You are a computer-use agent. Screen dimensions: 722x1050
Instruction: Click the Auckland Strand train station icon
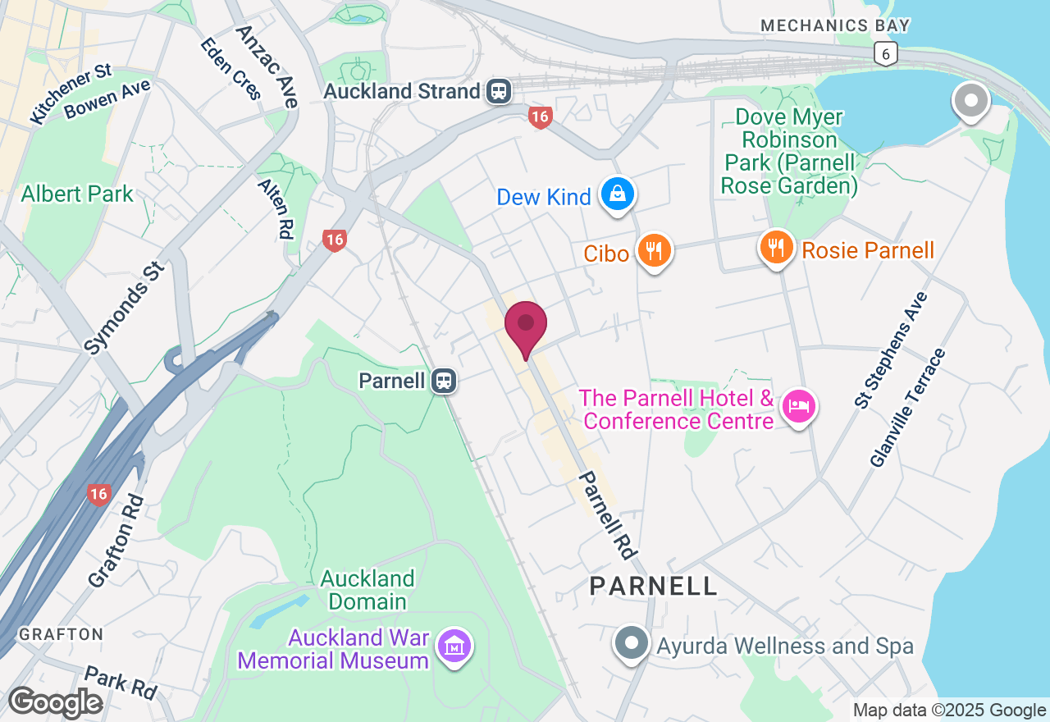pos(498,91)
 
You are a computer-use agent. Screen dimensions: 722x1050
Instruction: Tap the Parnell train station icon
pos(445,381)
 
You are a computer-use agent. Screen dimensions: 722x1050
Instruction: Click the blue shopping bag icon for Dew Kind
pos(615,195)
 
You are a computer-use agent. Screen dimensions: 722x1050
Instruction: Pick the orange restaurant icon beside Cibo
pos(653,250)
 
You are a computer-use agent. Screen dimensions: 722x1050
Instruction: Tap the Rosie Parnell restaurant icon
pos(776,247)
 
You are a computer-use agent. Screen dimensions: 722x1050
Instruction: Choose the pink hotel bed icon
pos(798,405)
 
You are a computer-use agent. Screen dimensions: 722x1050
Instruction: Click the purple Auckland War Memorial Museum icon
pos(454,647)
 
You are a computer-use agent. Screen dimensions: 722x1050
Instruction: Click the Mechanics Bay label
pos(835,25)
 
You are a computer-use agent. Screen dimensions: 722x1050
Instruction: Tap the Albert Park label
pos(77,194)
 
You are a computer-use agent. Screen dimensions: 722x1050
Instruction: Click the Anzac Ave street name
pos(266,66)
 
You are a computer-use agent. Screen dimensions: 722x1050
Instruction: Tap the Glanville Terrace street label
pos(908,408)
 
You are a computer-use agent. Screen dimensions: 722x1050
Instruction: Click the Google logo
pos(55,702)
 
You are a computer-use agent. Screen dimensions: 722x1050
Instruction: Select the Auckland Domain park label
pos(367,590)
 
